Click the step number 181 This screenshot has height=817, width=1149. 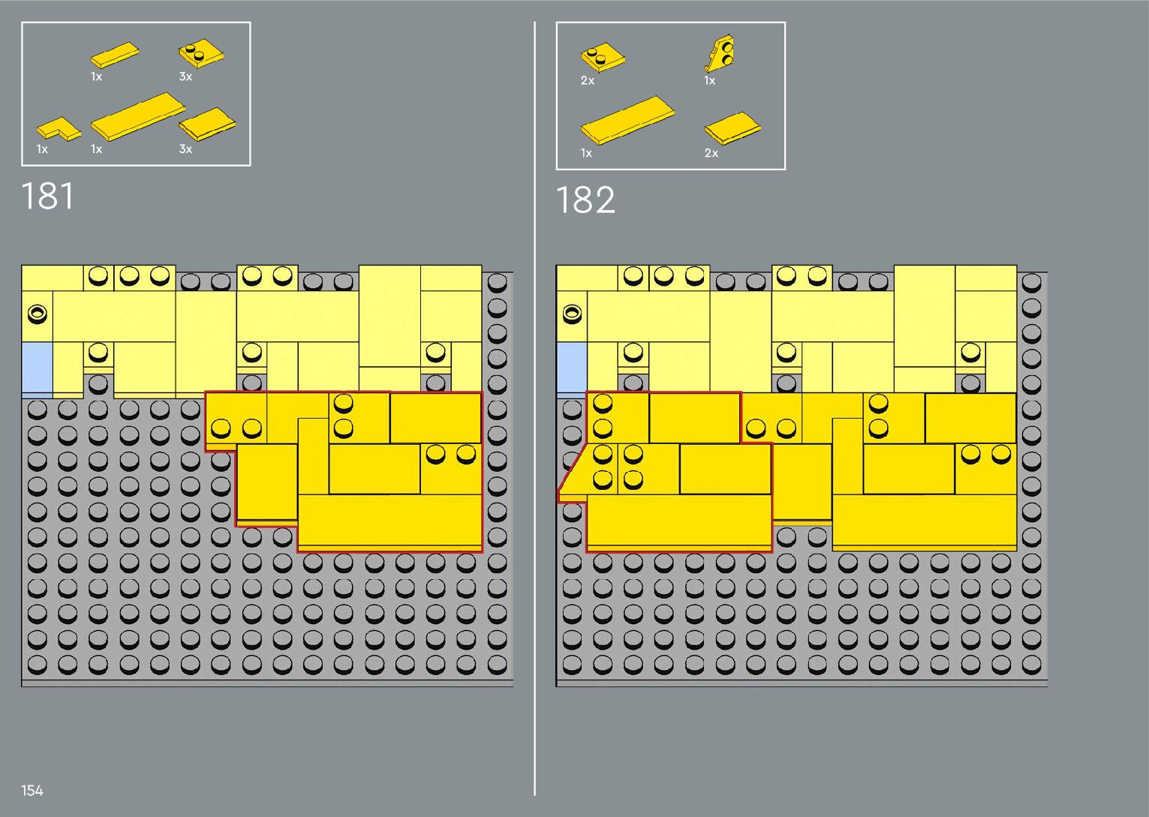pyautogui.click(x=48, y=197)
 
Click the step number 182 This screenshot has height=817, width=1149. pyautogui.click(x=585, y=200)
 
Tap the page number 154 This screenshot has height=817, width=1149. pyautogui.click(x=32, y=790)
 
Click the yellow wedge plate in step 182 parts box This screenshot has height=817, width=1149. pyautogui.click(x=720, y=53)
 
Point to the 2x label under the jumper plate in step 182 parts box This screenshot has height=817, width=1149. pyautogui.click(x=587, y=80)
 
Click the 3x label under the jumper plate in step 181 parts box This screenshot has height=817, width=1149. pyautogui.click(x=185, y=77)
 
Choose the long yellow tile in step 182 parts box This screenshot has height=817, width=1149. pyautogui.click(x=627, y=119)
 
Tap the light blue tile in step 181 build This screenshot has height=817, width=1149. pyautogui.click(x=37, y=368)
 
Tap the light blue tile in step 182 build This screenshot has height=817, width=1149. pyautogui.click(x=571, y=368)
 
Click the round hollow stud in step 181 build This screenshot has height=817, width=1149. pyautogui.click(x=37, y=313)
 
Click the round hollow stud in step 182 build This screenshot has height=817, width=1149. pyautogui.click(x=572, y=313)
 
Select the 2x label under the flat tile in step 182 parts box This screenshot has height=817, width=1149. pyautogui.click(x=711, y=153)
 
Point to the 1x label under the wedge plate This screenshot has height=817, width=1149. pyautogui.click(x=709, y=80)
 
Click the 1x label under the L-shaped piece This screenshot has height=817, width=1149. pyautogui.click(x=42, y=149)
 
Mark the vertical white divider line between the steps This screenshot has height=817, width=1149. pyautogui.click(x=535, y=405)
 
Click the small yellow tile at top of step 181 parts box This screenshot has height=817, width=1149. pyautogui.click(x=115, y=55)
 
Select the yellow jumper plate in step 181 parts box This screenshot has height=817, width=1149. pyautogui.click(x=201, y=54)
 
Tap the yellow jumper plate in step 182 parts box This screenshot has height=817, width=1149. pyautogui.click(x=603, y=58)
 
